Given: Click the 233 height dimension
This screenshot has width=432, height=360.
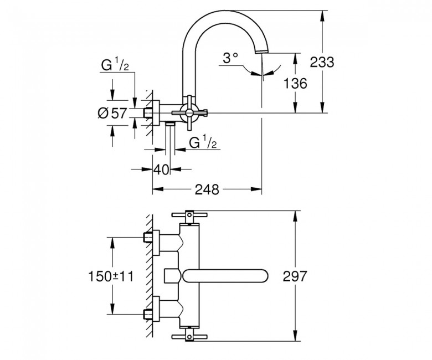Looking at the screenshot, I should coord(322,62).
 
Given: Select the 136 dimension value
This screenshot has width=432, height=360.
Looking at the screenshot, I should coord(295,84).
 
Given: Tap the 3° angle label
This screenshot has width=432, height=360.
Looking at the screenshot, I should coord(231,58).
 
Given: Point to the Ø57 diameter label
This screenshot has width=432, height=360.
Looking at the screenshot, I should coord(112,113).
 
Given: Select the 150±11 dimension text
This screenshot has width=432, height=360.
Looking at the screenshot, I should coord(111,276).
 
